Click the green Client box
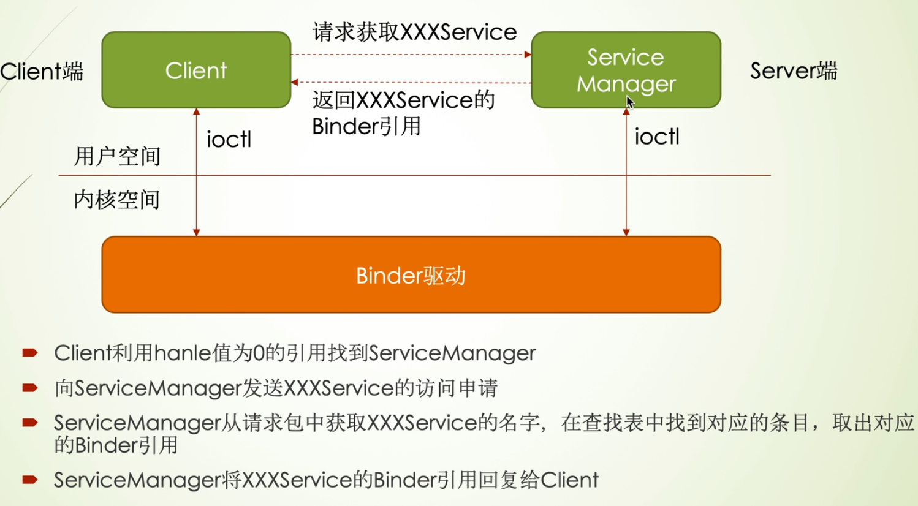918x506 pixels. pos(196,70)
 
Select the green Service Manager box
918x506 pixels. pos(626,70)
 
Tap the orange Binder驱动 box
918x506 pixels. pos(411,275)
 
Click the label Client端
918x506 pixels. pos(42,71)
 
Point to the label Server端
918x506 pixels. pos(793,70)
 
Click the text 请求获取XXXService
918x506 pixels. pos(414,32)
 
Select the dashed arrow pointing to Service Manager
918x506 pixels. pos(411,55)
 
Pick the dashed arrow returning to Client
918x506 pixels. pos(411,82)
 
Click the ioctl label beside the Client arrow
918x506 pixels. pos(229,140)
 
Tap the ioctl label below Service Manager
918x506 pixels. pos(657,137)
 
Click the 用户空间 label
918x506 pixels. pos(117,156)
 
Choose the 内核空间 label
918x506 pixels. pos(116,200)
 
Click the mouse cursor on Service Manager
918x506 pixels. pos(630,102)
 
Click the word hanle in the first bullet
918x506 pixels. pos(182,353)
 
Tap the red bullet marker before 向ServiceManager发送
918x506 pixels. pos(30,388)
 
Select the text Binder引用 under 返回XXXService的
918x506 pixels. pos(366,126)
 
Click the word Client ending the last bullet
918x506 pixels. pos(569,480)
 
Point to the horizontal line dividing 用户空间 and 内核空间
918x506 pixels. pos(414,176)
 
